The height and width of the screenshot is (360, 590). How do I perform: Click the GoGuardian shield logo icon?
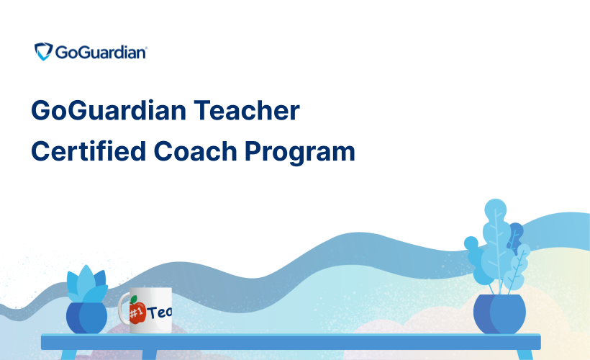coord(43,52)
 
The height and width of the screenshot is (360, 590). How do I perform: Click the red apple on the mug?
coord(137,312)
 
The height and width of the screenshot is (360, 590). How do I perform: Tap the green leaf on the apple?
coord(134,300)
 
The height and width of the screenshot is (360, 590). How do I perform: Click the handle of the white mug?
coord(122,311)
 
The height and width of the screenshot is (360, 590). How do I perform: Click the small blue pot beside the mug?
coord(86,318)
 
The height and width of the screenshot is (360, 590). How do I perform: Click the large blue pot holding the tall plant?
coord(499,314)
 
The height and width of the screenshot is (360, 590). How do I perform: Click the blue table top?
coord(288,341)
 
